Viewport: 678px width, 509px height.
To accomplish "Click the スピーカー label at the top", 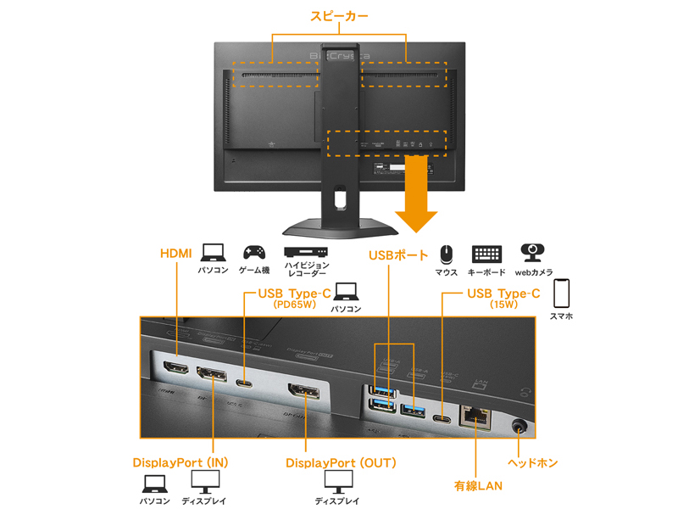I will [339, 16].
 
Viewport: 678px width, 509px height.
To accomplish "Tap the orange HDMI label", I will [176, 253].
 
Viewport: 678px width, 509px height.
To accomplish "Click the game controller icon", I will [253, 252].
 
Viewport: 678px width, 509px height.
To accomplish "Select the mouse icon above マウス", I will [446, 254].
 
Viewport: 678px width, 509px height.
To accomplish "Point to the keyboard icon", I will [486, 254].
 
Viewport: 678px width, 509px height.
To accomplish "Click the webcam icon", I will [533, 253].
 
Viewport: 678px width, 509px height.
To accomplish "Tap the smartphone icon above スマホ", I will [561, 293].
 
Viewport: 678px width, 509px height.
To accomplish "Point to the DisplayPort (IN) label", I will [181, 463].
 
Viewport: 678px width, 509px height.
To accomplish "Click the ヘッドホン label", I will [532, 463].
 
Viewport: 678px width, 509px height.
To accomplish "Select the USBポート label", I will [398, 254].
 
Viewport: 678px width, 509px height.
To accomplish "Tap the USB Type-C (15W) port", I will [442, 418].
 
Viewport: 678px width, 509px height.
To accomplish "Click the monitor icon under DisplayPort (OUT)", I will [338, 481].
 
